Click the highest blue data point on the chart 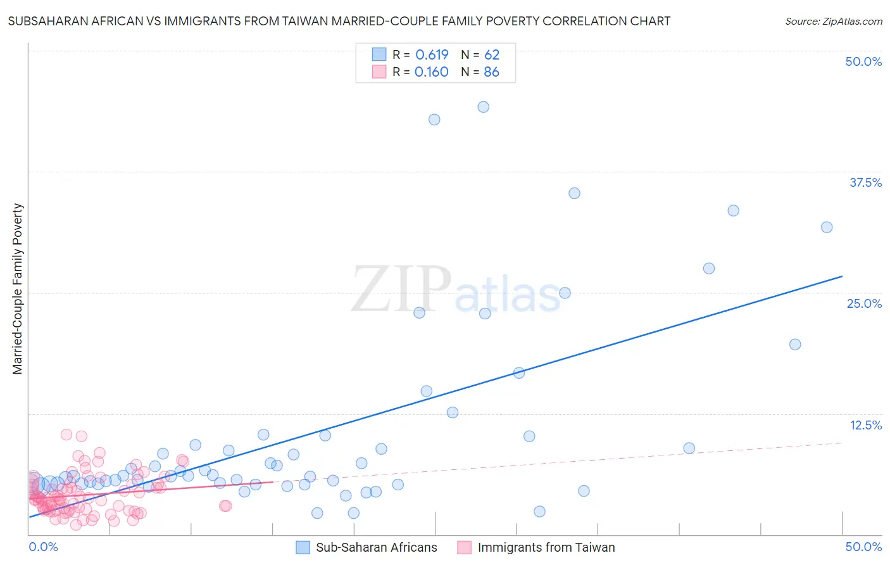(483, 107)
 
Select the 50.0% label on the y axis (863, 61)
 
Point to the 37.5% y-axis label (865, 182)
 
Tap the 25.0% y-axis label (864, 303)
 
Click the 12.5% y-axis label (865, 425)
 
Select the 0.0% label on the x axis (43, 547)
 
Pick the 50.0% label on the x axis (863, 547)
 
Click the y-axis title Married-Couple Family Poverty (18, 289)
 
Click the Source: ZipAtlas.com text (833, 22)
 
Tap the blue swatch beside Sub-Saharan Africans (303, 547)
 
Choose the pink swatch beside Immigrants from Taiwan (465, 547)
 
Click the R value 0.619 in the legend (432, 55)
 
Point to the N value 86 (491, 72)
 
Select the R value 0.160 (431, 72)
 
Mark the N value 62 (491, 55)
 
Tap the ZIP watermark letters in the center (401, 289)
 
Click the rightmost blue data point (827, 227)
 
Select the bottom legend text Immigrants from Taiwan (546, 547)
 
